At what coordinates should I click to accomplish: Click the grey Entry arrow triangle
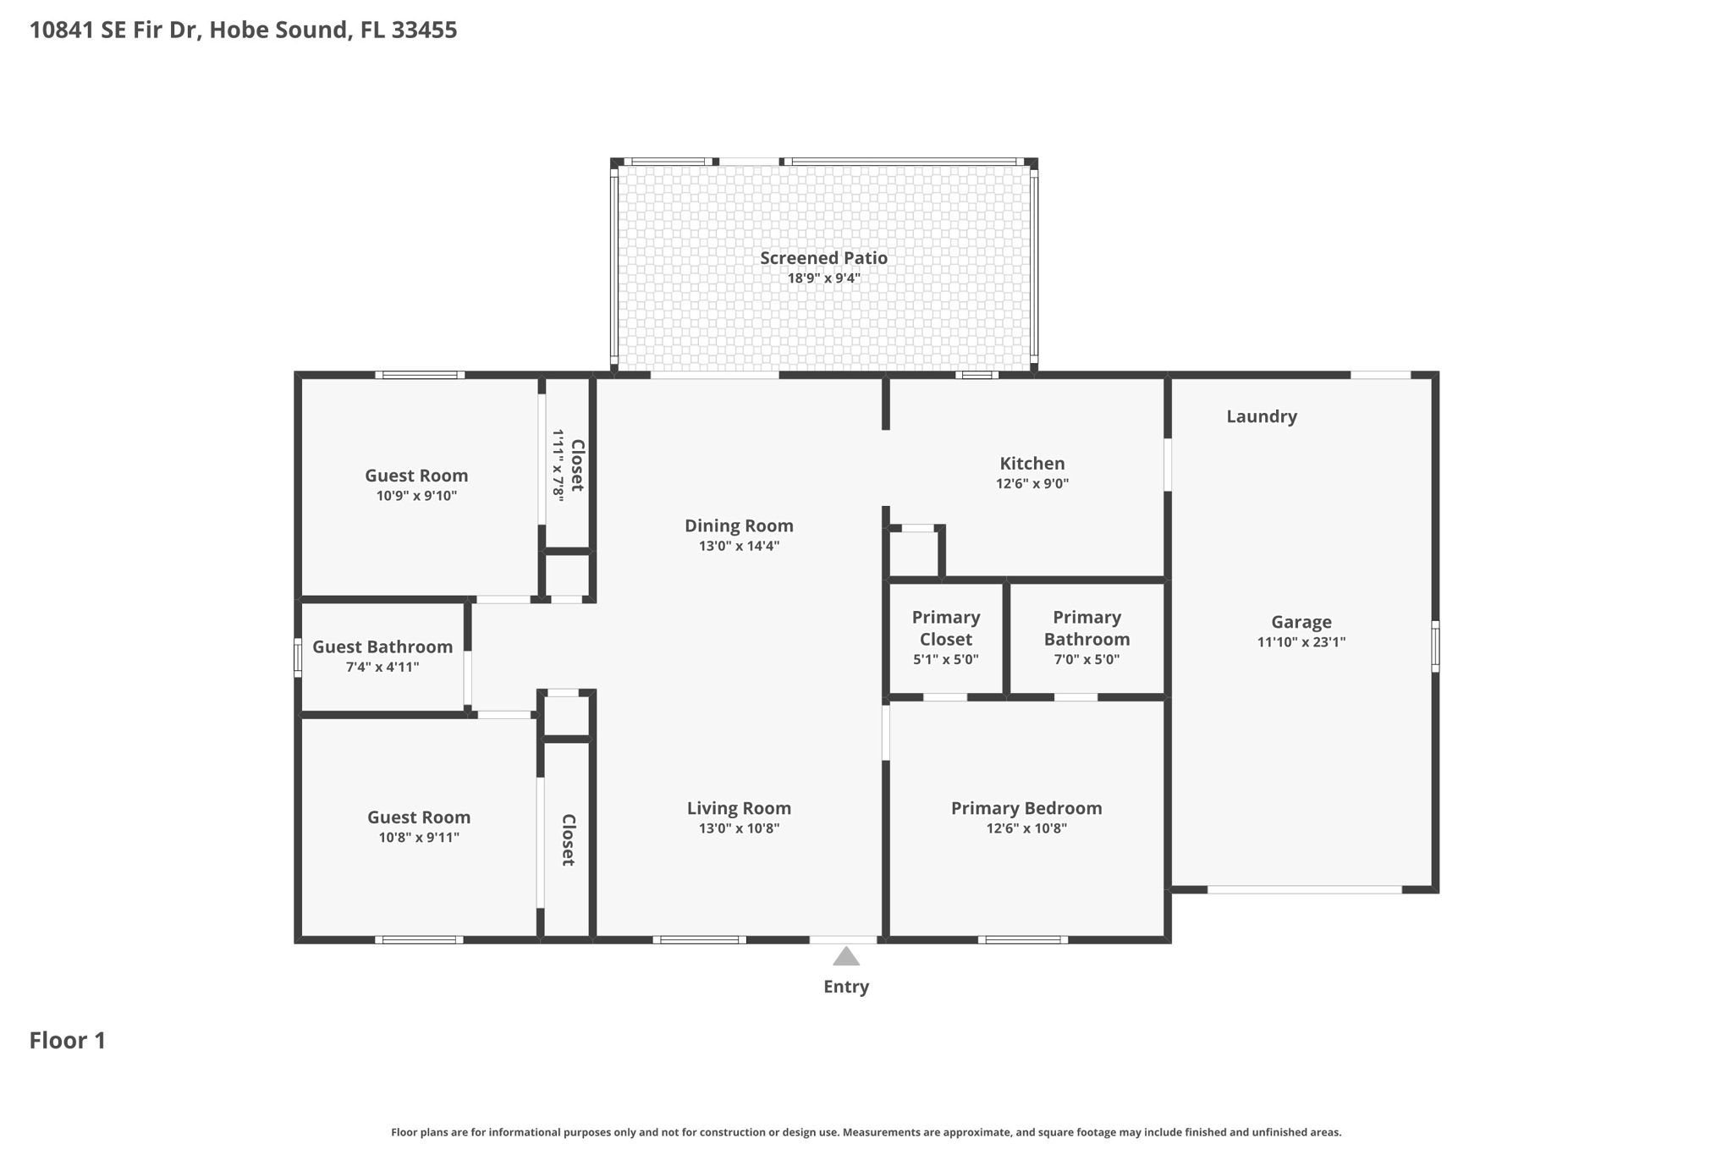pyautogui.click(x=845, y=957)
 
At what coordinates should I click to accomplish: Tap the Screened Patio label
pyautogui.click(x=823, y=258)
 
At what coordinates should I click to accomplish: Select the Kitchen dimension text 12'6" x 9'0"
pyautogui.click(x=1032, y=484)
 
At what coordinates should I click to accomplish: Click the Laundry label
pyautogui.click(x=1261, y=416)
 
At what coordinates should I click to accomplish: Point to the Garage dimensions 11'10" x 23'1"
pyautogui.click(x=1301, y=642)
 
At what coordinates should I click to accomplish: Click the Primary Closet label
pyautogui.click(x=945, y=628)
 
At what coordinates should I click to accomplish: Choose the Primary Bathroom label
pyautogui.click(x=1087, y=628)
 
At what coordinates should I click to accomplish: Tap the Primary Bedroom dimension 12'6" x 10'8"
pyautogui.click(x=1026, y=828)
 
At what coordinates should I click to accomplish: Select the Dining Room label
pyautogui.click(x=739, y=525)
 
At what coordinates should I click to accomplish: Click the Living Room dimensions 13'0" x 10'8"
pyautogui.click(x=739, y=828)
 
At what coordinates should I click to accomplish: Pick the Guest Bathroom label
pyautogui.click(x=382, y=646)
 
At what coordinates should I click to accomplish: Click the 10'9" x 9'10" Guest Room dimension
pyautogui.click(x=416, y=496)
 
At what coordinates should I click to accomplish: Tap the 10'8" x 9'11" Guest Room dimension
pyautogui.click(x=419, y=838)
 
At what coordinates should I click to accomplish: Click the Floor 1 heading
pyautogui.click(x=68, y=1040)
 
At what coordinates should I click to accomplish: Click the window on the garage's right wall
pyautogui.click(x=1435, y=646)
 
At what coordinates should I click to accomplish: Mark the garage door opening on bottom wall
pyautogui.click(x=1304, y=889)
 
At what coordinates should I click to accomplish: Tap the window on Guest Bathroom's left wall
pyautogui.click(x=298, y=657)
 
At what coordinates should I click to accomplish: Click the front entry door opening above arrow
pyautogui.click(x=843, y=939)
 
